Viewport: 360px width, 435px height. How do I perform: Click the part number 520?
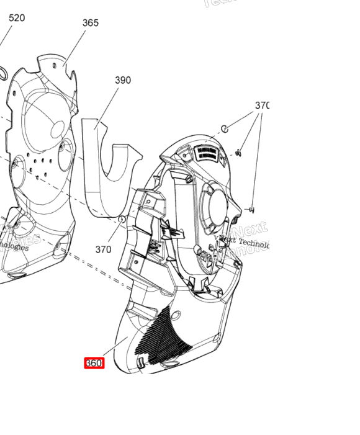pos(17,18)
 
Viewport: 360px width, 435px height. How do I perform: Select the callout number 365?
pos(91,23)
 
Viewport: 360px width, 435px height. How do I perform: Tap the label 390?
pos(123,81)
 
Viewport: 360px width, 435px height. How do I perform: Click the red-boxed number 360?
pos(94,363)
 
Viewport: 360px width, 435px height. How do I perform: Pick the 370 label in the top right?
pos(262,106)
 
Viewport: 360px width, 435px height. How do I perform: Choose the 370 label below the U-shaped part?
pos(104,249)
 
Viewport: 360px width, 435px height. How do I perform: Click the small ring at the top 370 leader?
pos(225,129)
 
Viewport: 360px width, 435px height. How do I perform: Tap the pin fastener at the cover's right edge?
pos(252,210)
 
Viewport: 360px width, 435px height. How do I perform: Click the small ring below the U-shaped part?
pos(122,220)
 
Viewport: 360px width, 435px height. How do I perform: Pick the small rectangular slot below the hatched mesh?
pos(140,361)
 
